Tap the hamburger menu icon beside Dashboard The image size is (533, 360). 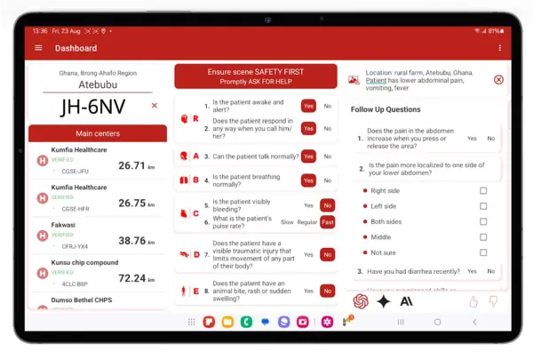point(38,48)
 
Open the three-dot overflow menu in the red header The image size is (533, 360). point(499,48)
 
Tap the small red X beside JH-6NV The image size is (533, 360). point(155,106)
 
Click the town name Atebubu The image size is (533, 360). point(98,85)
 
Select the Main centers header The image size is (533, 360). point(98,134)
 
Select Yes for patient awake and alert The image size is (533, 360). point(308,106)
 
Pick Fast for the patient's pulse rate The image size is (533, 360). point(327,222)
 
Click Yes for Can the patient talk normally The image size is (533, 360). point(308,156)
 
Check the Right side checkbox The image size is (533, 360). point(483,191)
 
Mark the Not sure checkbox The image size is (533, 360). point(483,252)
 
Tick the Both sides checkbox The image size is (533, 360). point(483,222)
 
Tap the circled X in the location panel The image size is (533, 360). point(498,80)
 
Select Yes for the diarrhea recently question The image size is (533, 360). point(473,271)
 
